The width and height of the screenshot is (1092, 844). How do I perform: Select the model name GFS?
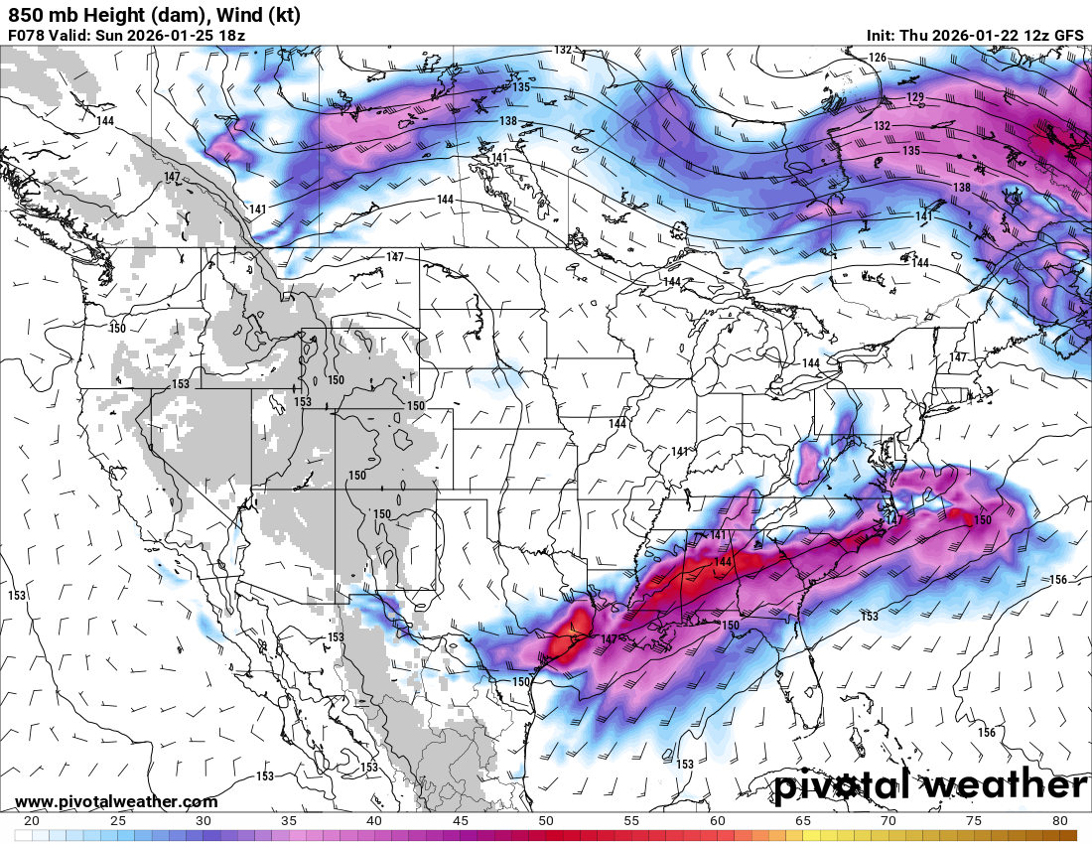click(1068, 36)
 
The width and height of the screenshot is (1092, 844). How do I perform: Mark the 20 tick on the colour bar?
click(32, 821)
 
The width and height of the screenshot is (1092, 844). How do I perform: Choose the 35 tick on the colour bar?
click(289, 821)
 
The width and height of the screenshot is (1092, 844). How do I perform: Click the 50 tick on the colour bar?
click(546, 821)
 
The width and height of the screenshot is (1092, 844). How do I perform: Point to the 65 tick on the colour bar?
click(803, 821)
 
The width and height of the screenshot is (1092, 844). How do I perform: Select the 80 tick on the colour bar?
click(1060, 821)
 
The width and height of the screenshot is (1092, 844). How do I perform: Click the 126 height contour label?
click(878, 58)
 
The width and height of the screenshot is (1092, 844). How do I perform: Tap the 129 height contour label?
click(914, 97)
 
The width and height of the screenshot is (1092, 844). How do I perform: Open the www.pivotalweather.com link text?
click(116, 802)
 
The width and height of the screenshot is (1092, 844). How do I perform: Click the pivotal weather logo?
click(930, 785)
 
